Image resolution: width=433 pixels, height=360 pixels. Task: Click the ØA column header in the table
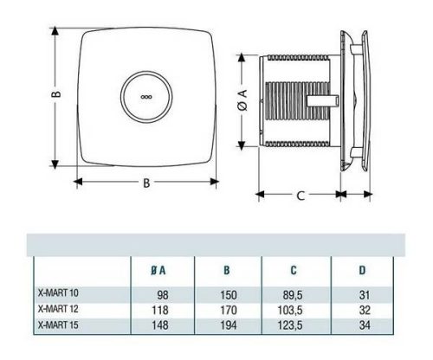(x=159, y=271)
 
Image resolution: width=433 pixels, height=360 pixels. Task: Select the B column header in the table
(x=227, y=271)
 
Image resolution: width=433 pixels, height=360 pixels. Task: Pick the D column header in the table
(x=362, y=271)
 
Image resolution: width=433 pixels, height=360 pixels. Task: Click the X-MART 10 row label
(x=56, y=294)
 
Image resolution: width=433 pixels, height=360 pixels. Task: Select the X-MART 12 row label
(x=56, y=309)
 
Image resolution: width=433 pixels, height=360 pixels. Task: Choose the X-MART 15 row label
(x=56, y=324)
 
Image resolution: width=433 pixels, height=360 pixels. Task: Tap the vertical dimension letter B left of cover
(x=53, y=97)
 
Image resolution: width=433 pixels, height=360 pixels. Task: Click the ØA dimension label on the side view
(x=243, y=98)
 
